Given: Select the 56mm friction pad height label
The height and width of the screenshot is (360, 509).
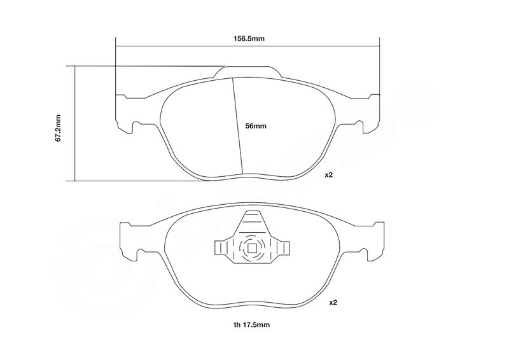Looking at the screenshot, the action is pos(256,126).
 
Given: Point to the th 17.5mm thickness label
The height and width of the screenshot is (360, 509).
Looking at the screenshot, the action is pos(251,324).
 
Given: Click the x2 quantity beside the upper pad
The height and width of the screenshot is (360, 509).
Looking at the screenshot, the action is pos(329,175).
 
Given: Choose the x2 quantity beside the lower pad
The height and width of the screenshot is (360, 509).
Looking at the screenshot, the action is pos(333,303).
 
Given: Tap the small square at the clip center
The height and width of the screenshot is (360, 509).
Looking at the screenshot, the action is pos(252,249).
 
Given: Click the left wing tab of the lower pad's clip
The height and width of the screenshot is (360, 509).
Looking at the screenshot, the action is pos(220,247).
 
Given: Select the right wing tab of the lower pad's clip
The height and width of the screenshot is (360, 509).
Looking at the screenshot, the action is pos(284,247).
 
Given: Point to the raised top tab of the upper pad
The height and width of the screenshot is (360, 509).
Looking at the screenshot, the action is pos(248,72).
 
